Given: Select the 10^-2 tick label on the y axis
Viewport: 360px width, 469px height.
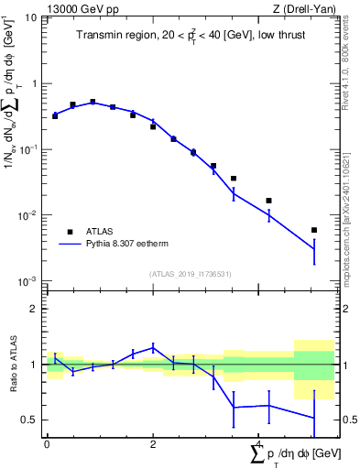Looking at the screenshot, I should (x=28, y=215).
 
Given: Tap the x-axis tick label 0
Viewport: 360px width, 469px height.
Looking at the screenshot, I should (x=47, y=443).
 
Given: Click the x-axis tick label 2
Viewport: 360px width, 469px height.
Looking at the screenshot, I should (x=153, y=443).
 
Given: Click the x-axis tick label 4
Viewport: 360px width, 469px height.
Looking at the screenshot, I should (x=259, y=443).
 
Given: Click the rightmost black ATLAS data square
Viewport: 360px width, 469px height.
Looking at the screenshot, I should (x=313, y=230).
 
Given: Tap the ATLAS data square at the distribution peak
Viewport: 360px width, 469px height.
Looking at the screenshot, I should (x=93, y=102).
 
